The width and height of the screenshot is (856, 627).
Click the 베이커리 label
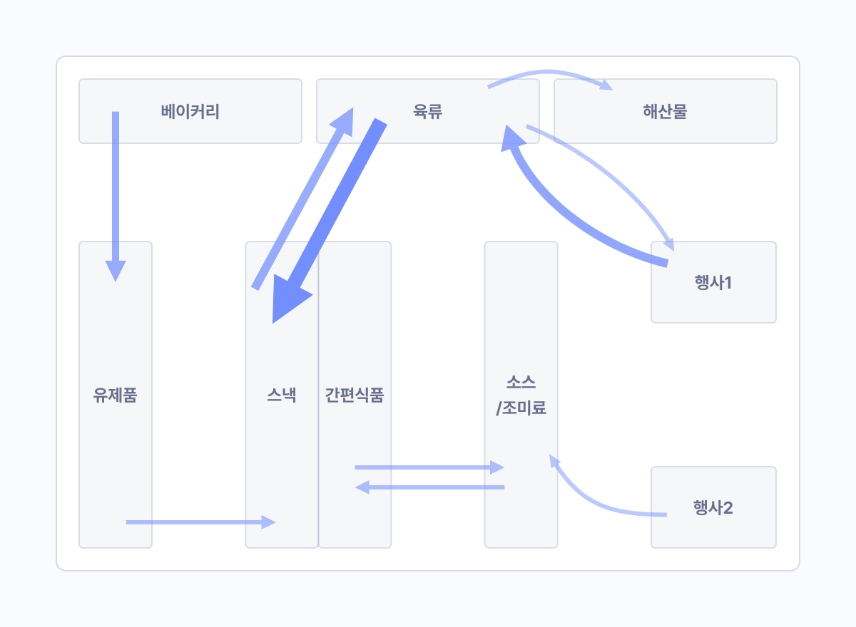(190, 112)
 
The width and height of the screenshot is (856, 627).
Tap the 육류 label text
(428, 112)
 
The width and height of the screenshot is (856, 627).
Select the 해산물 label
(665, 112)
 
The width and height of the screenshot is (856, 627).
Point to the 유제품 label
(115, 395)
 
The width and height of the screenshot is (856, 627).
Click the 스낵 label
(282, 395)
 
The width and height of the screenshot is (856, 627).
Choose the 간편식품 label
(355, 395)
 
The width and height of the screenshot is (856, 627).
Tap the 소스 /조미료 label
(521, 395)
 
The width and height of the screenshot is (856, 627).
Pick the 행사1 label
(713, 282)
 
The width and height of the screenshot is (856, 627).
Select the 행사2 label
(713, 508)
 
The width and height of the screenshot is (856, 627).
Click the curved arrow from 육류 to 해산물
(549, 72)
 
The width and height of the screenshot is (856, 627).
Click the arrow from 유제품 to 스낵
(200, 522)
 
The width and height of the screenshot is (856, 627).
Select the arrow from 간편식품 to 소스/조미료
(428, 467)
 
